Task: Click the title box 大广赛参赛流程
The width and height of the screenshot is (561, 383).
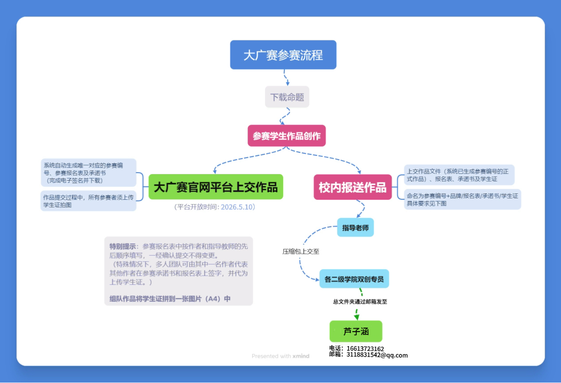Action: click(x=283, y=55)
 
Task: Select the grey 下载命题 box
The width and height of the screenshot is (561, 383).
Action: click(x=287, y=97)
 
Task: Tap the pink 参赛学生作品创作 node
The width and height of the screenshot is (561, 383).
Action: click(x=287, y=136)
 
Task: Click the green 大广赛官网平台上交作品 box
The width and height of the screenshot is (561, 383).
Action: click(x=216, y=187)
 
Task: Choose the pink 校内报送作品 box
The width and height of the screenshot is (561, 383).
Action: click(x=353, y=187)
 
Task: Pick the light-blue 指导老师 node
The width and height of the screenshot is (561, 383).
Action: click(x=355, y=228)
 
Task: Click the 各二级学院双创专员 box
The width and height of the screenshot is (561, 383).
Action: click(x=354, y=279)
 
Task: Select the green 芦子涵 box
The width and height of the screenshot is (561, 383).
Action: click(x=356, y=331)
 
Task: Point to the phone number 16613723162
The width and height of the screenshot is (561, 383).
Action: click(x=365, y=349)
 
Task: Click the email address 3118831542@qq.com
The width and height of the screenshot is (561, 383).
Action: click(x=377, y=355)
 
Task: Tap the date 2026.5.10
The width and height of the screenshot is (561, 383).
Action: click(x=238, y=207)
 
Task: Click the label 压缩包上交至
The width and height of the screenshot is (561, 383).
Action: click(x=301, y=251)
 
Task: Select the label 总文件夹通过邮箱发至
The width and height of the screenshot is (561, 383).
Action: click(x=360, y=302)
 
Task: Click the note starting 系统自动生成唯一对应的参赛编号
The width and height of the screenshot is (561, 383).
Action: click(x=88, y=173)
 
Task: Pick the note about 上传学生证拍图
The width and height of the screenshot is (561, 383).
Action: click(x=88, y=201)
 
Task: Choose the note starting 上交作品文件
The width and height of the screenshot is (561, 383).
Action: click(x=460, y=175)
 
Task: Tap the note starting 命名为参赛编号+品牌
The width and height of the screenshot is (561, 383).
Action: click(x=462, y=199)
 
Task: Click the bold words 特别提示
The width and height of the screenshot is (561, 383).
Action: click(x=123, y=246)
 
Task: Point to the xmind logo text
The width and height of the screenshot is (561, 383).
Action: click(x=301, y=356)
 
